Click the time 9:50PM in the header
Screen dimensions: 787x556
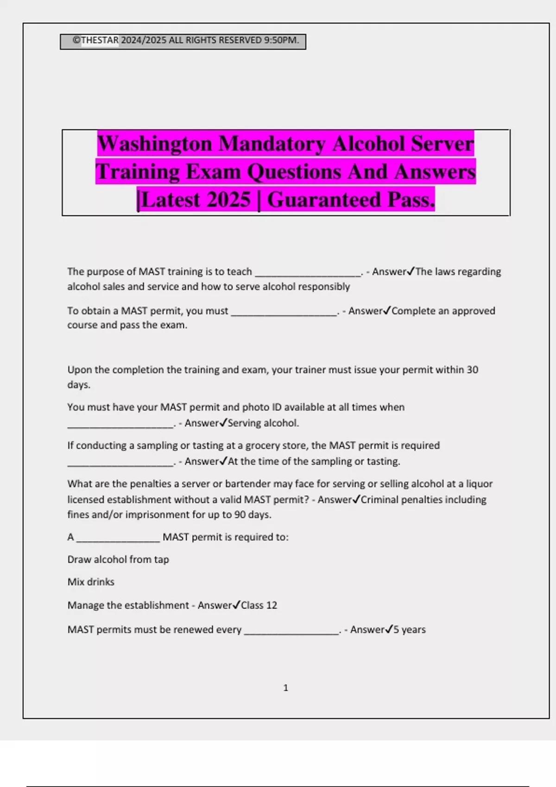(281, 40)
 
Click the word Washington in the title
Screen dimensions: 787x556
(154, 144)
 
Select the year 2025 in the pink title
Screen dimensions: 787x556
(228, 200)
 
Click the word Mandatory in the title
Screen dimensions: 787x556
(272, 144)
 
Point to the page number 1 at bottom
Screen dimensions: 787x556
(285, 688)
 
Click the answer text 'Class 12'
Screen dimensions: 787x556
(259, 605)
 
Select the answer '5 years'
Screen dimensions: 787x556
(409, 630)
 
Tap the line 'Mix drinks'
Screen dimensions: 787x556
(91, 582)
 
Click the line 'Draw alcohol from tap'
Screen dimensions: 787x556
(118, 559)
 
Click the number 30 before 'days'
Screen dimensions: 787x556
(472, 370)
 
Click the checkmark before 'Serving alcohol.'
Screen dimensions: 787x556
(223, 423)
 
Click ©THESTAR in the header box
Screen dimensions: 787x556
(96, 40)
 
